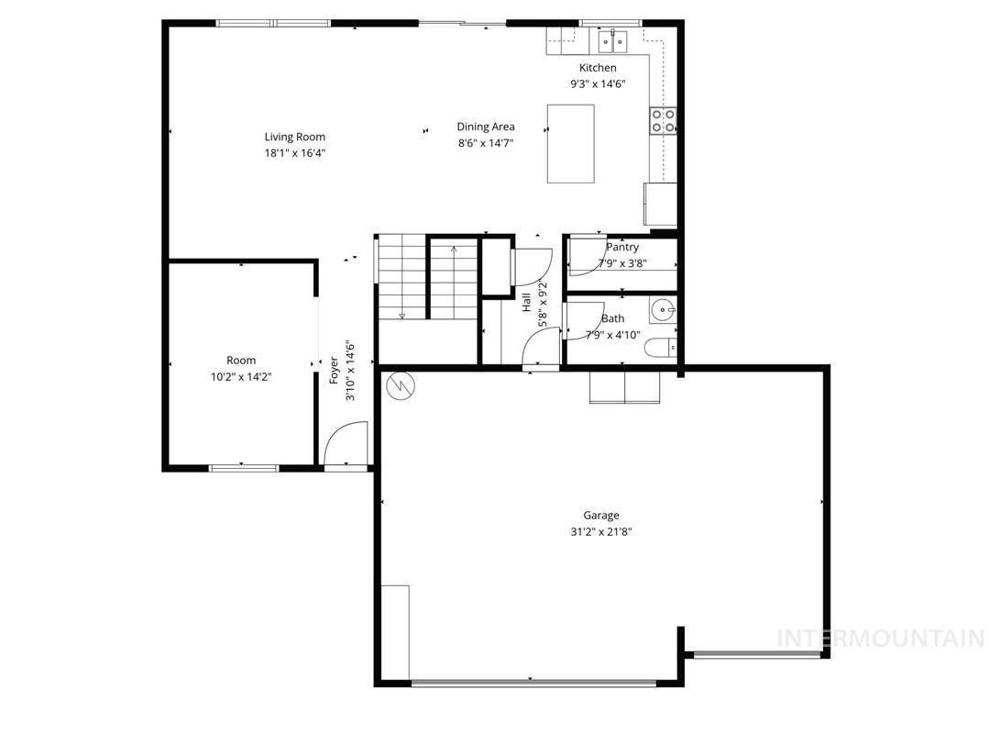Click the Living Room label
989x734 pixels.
[295, 138]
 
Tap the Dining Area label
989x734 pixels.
[486, 128]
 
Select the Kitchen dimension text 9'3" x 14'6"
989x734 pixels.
[598, 83]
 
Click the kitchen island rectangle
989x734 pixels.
[570, 143]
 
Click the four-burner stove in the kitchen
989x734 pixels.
[663, 121]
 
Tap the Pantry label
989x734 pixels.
[622, 248]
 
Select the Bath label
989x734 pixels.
[612, 319]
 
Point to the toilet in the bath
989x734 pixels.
[662, 348]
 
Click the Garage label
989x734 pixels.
[601, 516]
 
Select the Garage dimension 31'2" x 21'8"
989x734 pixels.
[601, 531]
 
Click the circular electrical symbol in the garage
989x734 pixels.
[401, 387]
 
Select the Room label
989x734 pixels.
[241, 361]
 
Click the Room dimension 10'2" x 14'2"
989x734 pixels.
[241, 376]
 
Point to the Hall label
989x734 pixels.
[527, 303]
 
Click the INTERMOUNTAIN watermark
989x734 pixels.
[880, 639]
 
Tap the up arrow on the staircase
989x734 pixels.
[454, 250]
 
